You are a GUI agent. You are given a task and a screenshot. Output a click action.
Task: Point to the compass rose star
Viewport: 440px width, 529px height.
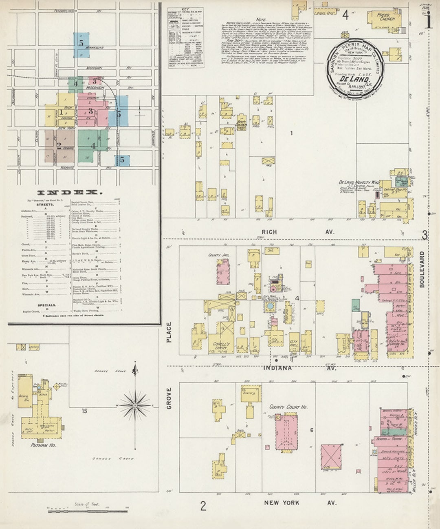[x=135, y=405]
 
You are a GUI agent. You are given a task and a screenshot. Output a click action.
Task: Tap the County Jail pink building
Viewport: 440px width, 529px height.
[x=223, y=271]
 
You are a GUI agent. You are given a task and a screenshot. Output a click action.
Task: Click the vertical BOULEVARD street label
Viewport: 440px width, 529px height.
[x=422, y=269]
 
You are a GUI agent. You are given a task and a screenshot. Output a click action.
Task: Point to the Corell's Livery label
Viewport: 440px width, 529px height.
[x=221, y=346]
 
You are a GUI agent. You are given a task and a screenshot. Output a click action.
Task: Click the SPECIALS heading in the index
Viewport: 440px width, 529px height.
[x=47, y=305]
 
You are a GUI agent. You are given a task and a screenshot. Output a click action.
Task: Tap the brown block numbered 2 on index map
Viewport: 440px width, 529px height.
[x=59, y=144]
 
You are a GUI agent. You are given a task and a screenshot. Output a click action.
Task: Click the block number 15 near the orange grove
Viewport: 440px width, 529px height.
[x=84, y=411]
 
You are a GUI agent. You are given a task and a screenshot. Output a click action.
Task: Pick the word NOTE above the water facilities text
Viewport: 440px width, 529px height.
[x=261, y=20]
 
